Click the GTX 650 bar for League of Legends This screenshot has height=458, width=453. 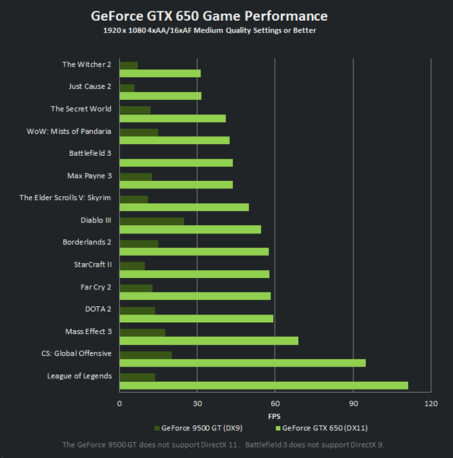coord(264,385)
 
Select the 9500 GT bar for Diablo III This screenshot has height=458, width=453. coord(151,221)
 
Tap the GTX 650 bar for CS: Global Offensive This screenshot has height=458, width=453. coord(242,363)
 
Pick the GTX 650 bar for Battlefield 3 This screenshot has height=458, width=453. coord(176,163)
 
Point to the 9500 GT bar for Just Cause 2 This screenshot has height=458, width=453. coord(127,87)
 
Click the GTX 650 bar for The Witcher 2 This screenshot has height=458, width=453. coord(160,73)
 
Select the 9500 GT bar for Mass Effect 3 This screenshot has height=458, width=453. coord(142,333)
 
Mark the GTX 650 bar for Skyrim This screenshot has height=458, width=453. coord(184,207)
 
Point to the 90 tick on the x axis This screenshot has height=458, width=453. coord(353,403)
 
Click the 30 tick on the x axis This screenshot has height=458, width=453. coord(197,403)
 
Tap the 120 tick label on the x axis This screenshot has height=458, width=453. coord(431,403)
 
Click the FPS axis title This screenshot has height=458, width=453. coord(275,416)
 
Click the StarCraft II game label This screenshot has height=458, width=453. coord(93,265)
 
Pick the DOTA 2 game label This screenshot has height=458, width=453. coord(98,309)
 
